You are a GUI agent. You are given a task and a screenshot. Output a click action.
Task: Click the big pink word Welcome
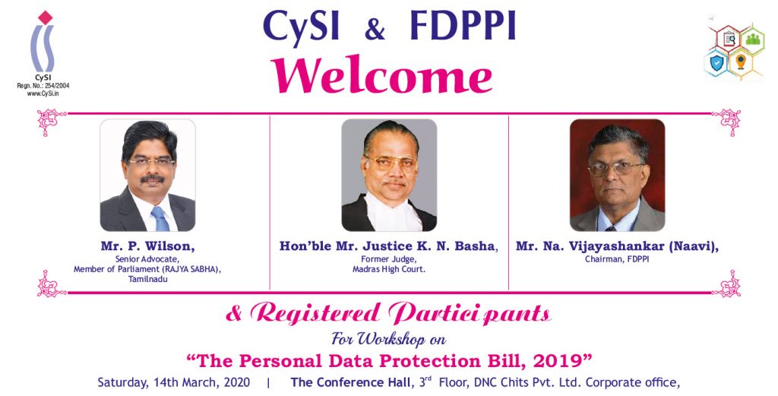(x=381, y=75)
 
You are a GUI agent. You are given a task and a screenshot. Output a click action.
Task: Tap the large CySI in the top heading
(x=301, y=27)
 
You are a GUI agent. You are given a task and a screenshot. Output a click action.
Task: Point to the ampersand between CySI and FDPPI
(x=375, y=29)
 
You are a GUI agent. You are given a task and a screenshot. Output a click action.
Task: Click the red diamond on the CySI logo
(x=45, y=17)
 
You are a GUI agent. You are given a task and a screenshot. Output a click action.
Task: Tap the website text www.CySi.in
(x=43, y=93)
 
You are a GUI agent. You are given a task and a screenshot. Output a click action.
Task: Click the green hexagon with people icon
(x=751, y=39)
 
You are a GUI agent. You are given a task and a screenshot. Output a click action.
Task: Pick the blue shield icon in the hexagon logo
(x=716, y=63)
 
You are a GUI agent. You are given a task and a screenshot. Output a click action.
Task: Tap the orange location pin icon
(x=740, y=62)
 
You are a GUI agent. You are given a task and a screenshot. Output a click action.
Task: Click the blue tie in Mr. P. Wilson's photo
(x=160, y=219)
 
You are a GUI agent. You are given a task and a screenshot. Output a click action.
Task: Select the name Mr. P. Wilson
(x=147, y=246)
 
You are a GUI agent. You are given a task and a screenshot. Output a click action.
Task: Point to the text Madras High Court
(x=388, y=270)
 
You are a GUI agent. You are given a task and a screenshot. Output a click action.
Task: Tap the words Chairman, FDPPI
(x=617, y=259)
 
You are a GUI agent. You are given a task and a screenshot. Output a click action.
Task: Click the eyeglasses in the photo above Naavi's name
(x=615, y=169)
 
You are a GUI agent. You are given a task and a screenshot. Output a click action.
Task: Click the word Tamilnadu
(x=148, y=279)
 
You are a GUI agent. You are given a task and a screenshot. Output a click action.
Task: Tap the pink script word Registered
(x=315, y=313)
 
